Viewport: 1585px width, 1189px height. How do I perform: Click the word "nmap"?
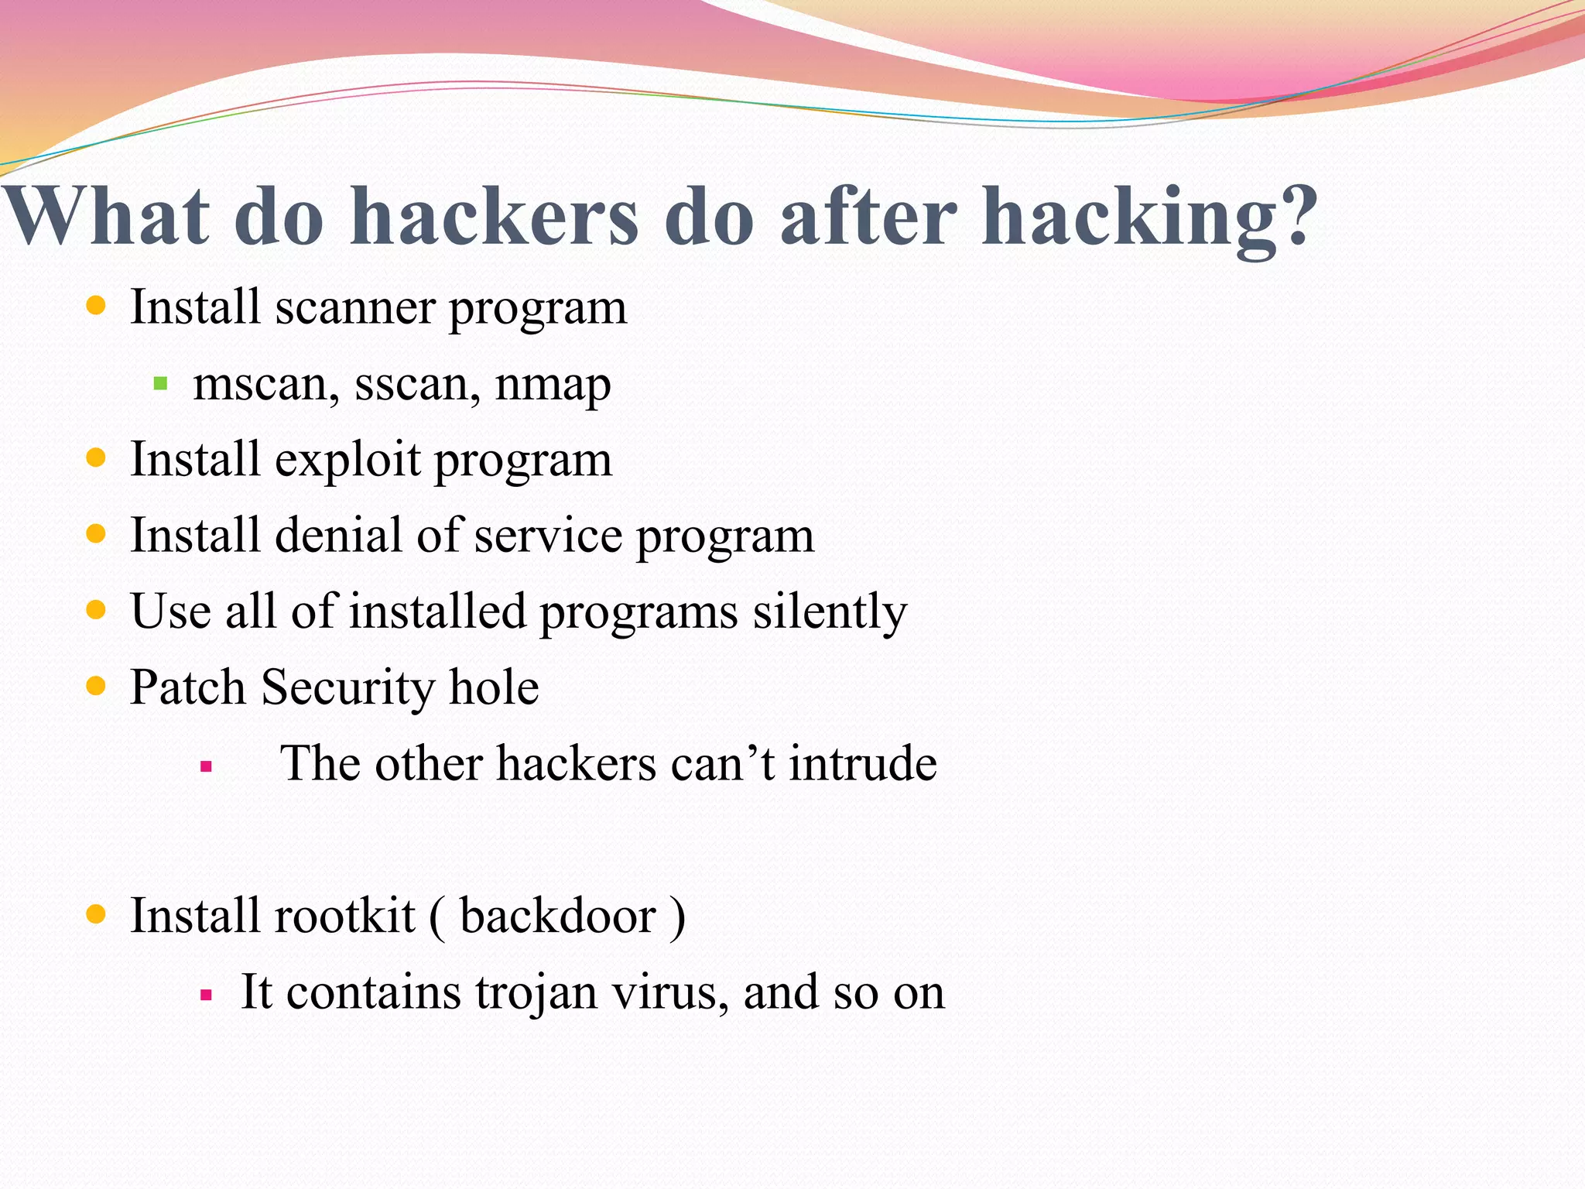pos(553,385)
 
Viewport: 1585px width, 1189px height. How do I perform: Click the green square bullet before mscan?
pos(161,382)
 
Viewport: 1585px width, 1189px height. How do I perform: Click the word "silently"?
pos(830,612)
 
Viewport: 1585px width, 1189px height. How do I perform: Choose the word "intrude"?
pos(863,763)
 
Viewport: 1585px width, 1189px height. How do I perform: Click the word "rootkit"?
pos(344,916)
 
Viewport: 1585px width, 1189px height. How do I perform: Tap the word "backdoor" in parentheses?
pos(558,916)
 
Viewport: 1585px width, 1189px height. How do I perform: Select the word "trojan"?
pos(536,992)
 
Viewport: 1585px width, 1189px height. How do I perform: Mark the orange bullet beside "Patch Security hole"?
pos(96,686)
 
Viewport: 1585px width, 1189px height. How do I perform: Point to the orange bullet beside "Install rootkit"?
pos(96,914)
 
